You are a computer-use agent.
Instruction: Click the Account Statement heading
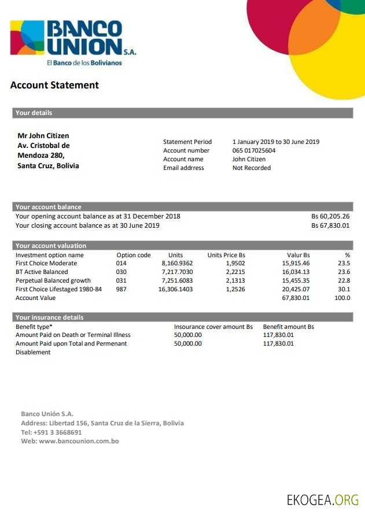pos(54,86)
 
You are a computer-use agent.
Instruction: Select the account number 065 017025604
pos(254,151)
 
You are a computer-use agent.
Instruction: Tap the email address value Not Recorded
pos(252,168)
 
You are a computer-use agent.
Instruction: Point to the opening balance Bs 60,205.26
pos(330,217)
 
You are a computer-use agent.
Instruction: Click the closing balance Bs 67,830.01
pos(330,226)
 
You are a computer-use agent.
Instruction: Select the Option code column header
pos(134,255)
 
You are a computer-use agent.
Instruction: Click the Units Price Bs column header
pos(226,255)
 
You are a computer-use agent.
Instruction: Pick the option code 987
pos(121,290)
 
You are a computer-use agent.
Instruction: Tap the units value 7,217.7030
pos(177,272)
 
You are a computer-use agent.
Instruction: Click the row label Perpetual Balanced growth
pos(53,281)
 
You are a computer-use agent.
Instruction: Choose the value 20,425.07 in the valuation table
pos(296,290)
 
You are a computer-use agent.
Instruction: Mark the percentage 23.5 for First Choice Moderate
pos(344,264)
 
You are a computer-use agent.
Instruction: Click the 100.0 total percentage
pos(342,298)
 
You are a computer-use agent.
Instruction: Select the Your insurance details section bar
pos(182,317)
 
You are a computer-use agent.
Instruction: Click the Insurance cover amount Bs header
pos(213,327)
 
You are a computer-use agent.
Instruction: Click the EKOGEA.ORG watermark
pos(322,499)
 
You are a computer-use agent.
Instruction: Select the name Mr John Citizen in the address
pos(43,136)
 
